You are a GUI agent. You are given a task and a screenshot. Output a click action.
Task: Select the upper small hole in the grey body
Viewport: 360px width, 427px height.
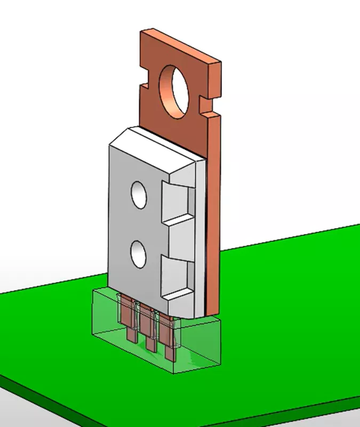(x=139, y=195)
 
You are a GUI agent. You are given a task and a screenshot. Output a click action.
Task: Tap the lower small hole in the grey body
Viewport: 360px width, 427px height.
(x=139, y=254)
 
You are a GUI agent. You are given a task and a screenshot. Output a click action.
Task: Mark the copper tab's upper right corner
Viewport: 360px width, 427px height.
(x=218, y=62)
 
